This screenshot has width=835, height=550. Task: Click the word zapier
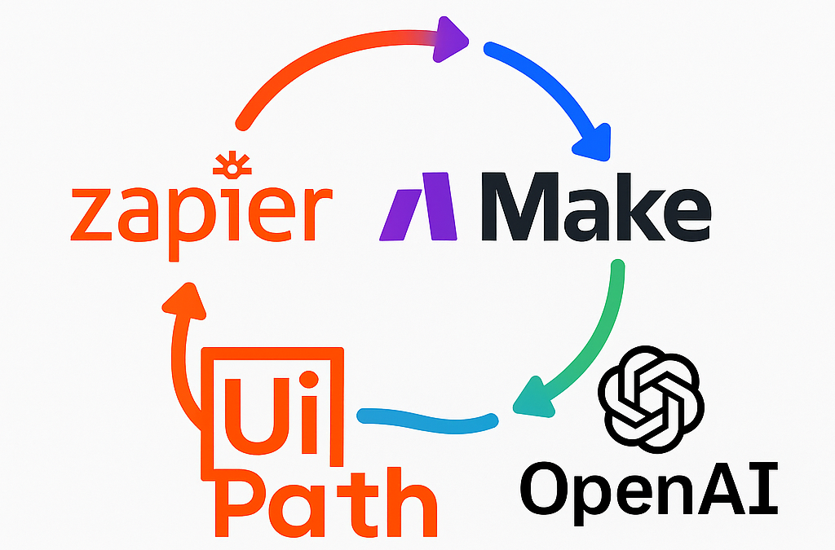tap(201, 212)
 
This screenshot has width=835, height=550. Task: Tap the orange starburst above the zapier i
tap(229, 166)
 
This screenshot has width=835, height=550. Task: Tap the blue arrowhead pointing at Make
tap(591, 143)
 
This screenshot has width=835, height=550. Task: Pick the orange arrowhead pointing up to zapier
tap(185, 301)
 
